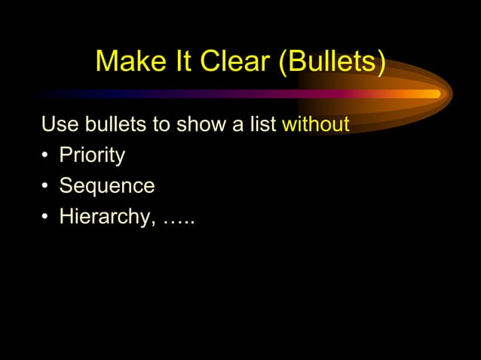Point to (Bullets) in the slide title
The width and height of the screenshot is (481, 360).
(332, 62)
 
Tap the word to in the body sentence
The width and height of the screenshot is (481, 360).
(162, 124)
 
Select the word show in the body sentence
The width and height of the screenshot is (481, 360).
(200, 124)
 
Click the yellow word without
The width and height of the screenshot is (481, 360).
(315, 124)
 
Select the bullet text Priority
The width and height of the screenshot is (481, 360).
(92, 156)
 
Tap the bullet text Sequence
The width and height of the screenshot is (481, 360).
(107, 186)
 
